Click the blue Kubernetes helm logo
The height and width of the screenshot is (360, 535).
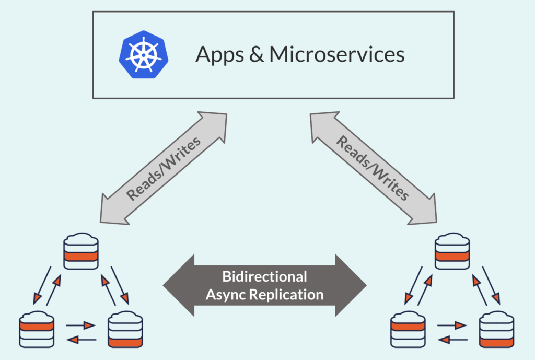(x=140, y=54)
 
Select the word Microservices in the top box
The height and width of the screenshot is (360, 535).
(x=337, y=54)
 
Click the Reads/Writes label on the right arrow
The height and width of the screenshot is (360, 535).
(x=371, y=168)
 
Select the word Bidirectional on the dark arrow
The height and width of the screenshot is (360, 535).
(x=264, y=276)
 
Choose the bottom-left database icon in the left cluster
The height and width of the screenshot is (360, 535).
(x=37, y=330)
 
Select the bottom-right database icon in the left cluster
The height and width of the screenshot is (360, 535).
(x=125, y=330)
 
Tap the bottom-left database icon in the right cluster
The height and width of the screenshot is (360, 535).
(x=408, y=330)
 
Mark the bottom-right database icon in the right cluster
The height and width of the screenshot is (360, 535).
(x=497, y=330)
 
